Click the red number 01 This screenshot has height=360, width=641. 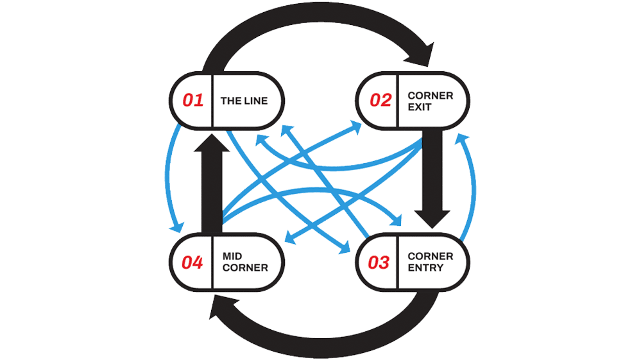coord(192,101)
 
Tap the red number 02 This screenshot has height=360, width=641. coord(380,101)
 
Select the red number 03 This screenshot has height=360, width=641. coord(379,262)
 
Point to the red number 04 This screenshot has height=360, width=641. coord(192,262)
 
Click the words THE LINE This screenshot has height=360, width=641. coord(244,101)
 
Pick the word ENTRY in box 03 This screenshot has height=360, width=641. coord(425,268)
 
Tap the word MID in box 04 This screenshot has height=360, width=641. coord(232,256)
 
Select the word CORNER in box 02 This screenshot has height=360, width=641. coord(431,95)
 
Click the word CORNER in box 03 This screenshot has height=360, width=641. coord(431,256)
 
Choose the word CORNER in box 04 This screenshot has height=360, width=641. coord(245,268)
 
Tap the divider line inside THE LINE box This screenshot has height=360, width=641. coord(212,101)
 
